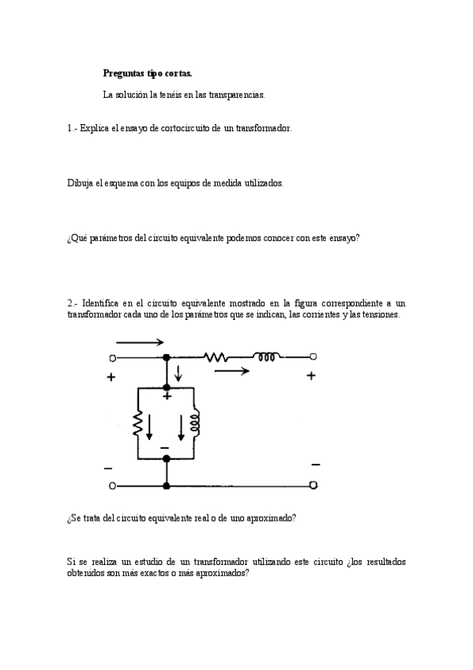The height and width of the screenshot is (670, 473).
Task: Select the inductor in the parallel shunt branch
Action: (x=195, y=424)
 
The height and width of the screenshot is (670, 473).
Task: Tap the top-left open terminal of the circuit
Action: (x=112, y=358)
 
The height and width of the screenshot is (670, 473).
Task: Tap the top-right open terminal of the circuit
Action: (x=313, y=357)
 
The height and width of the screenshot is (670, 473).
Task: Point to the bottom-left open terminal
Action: (x=112, y=484)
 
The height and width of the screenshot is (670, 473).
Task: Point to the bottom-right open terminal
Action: (x=313, y=484)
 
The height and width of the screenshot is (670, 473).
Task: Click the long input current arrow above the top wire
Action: (x=140, y=342)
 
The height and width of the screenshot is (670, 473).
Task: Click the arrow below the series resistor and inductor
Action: (x=233, y=370)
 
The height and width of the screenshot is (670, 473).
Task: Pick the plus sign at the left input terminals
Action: (x=111, y=378)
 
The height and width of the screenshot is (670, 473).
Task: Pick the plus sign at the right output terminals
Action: (x=311, y=376)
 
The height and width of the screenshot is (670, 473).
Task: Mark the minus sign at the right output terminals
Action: (x=315, y=464)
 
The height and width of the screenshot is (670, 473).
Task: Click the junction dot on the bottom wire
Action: (x=167, y=484)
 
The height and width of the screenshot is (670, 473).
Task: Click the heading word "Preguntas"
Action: (x=124, y=73)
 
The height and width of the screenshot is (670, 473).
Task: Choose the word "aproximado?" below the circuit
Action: (x=269, y=518)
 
